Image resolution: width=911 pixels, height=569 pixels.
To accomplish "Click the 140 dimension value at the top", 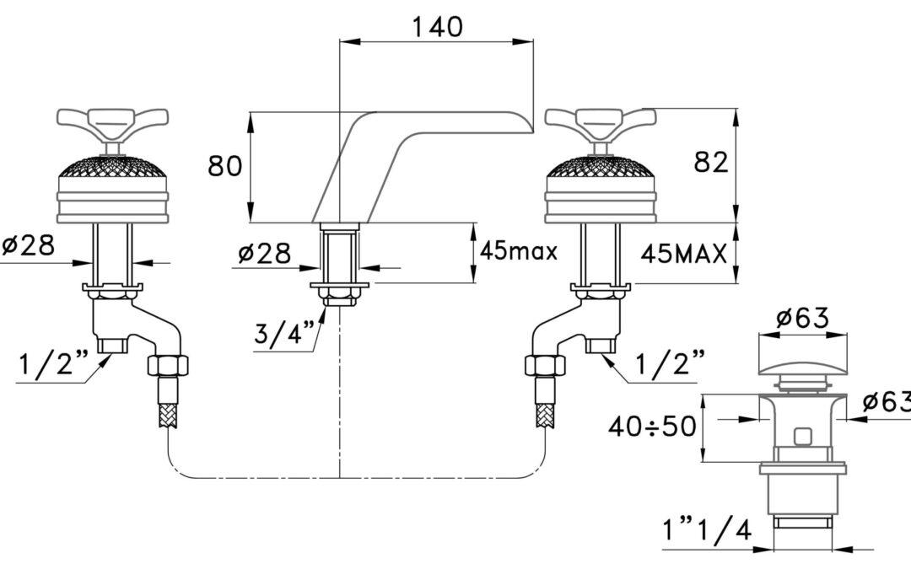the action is (x=437, y=27).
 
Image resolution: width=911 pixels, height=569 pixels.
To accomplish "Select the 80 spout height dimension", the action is (x=225, y=165).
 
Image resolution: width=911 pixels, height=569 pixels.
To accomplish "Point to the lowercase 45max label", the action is (x=518, y=251).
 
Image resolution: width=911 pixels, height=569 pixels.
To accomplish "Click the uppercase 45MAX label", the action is (x=684, y=254).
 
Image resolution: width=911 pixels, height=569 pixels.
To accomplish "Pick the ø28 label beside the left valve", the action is (x=28, y=245).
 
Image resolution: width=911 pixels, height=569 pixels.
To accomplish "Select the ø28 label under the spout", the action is (x=264, y=253).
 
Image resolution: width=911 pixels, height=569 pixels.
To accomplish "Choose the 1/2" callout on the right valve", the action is (x=671, y=363).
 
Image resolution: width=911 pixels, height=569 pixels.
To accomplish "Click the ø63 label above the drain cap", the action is (x=803, y=318).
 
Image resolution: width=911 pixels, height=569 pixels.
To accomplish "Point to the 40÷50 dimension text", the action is (x=652, y=427).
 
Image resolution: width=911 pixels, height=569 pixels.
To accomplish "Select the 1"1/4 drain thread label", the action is (x=707, y=529).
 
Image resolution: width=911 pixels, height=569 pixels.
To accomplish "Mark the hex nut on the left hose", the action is (x=169, y=366).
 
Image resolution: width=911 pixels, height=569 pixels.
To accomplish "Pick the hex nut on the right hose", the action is (x=545, y=366).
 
